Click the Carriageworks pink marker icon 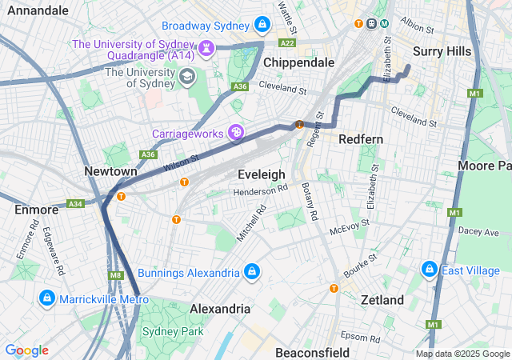236,132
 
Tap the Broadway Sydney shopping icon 261,26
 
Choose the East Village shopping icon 430,270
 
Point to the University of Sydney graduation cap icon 187,77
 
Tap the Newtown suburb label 110,171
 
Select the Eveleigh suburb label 262,174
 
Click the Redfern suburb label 361,139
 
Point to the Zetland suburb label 382,300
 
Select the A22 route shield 288,42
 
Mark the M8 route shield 116,276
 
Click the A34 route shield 76,204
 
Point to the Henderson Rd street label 260,191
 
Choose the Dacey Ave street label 478,230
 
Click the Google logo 26,350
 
